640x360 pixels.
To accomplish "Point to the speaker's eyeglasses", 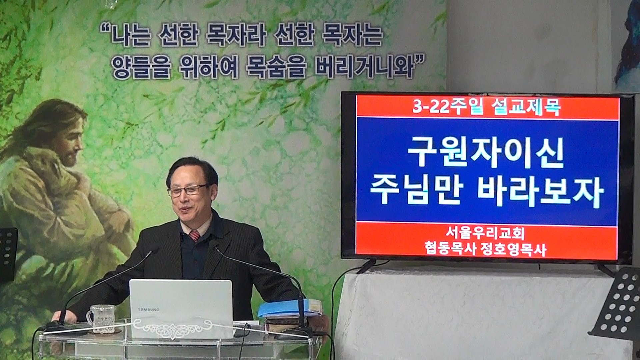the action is [187, 190].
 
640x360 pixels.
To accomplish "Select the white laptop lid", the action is [181, 308].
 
